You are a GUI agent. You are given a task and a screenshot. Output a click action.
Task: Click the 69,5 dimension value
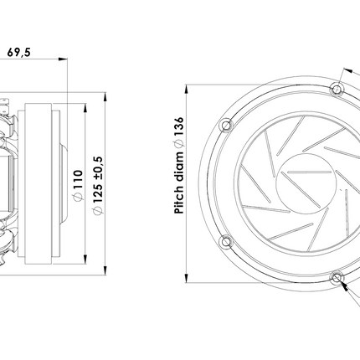coord(18,52)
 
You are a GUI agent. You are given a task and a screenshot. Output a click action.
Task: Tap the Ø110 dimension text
coord(78,186)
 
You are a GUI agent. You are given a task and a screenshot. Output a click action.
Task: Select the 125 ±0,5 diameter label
coord(98,186)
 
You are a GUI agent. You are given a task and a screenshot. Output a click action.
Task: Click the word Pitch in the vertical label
coord(179,200)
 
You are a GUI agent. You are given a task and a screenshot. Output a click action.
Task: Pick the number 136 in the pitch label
coord(179,126)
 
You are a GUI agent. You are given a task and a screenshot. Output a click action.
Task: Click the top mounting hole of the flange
coord(337,90)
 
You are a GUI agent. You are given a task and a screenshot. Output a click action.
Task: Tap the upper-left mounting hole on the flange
coord(226,125)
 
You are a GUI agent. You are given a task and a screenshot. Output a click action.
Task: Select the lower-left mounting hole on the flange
coord(226,241)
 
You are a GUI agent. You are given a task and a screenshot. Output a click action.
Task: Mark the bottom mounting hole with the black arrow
coord(337,278)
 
